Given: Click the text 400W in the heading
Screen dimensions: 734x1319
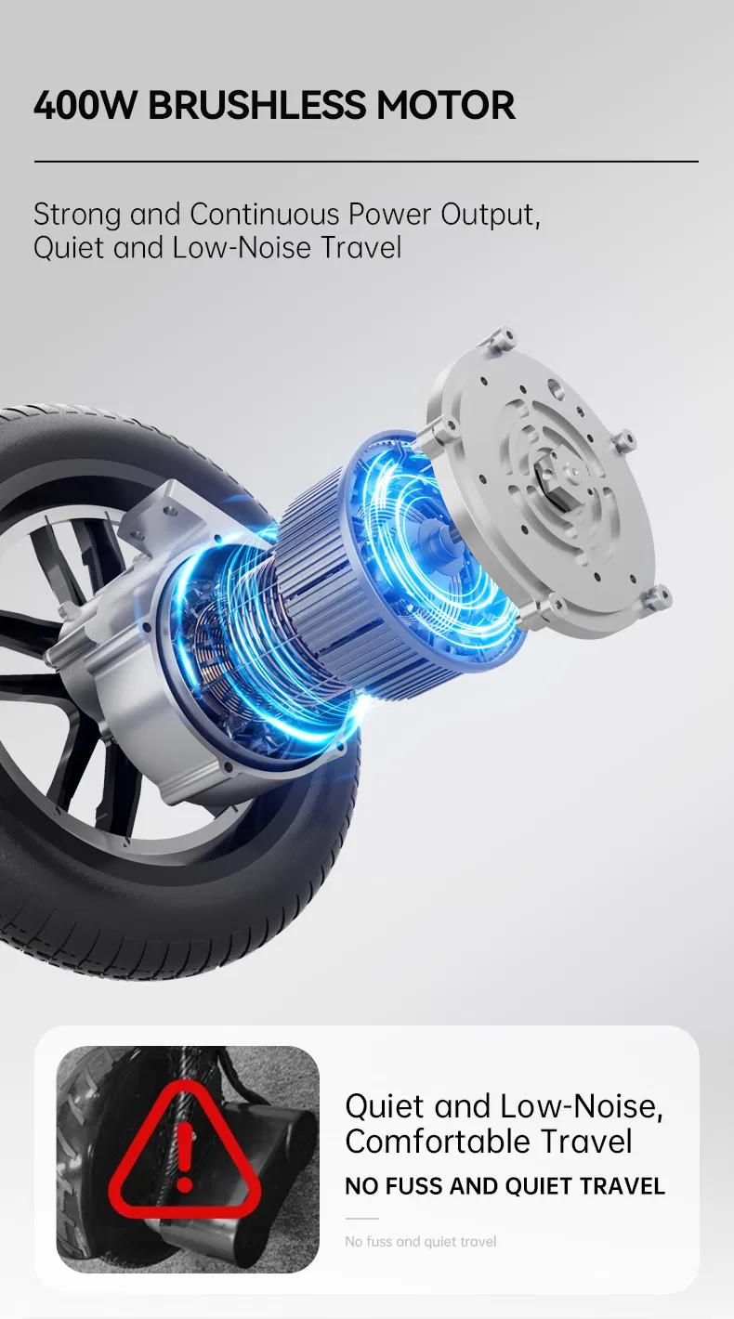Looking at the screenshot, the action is click(x=85, y=105).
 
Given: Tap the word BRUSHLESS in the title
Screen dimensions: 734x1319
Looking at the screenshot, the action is click(x=256, y=105).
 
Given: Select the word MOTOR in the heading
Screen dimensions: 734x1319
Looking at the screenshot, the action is click(x=446, y=105).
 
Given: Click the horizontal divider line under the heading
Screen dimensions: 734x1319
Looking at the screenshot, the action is click(x=366, y=161).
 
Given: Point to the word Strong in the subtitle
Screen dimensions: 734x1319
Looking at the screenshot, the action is click(x=76, y=215).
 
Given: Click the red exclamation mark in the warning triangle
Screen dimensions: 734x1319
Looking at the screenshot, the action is click(x=185, y=1156).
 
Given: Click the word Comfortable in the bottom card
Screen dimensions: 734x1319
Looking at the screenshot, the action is click(x=436, y=1142).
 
